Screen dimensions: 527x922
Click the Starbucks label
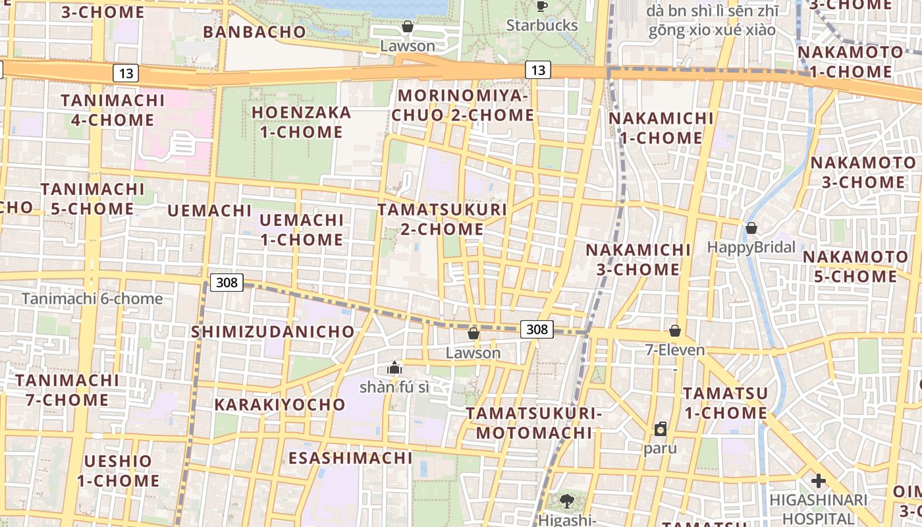coord(542,26)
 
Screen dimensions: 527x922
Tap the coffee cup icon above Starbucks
coord(541,7)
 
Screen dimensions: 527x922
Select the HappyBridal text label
coord(751,247)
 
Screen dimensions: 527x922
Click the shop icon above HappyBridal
coord(751,228)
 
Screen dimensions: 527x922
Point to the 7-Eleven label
coord(675,350)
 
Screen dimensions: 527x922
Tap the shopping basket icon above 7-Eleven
coord(675,330)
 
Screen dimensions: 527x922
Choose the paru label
coord(660,449)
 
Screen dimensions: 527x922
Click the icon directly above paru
coord(661,430)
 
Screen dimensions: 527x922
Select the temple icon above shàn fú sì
coord(394,368)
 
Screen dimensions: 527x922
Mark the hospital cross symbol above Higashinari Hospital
coord(818,481)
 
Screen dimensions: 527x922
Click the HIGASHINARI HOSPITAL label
coord(819,509)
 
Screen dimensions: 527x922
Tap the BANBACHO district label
coord(254,32)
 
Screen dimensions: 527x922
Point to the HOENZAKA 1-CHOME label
coord(302,122)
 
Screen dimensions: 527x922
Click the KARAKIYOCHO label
coord(280,404)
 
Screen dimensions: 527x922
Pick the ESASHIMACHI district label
coord(350,457)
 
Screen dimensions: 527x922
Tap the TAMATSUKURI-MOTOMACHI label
coord(534,423)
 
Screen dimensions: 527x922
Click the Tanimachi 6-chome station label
coord(92,299)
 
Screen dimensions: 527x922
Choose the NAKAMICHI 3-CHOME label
coord(638,260)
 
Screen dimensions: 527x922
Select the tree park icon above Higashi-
coord(566,501)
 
